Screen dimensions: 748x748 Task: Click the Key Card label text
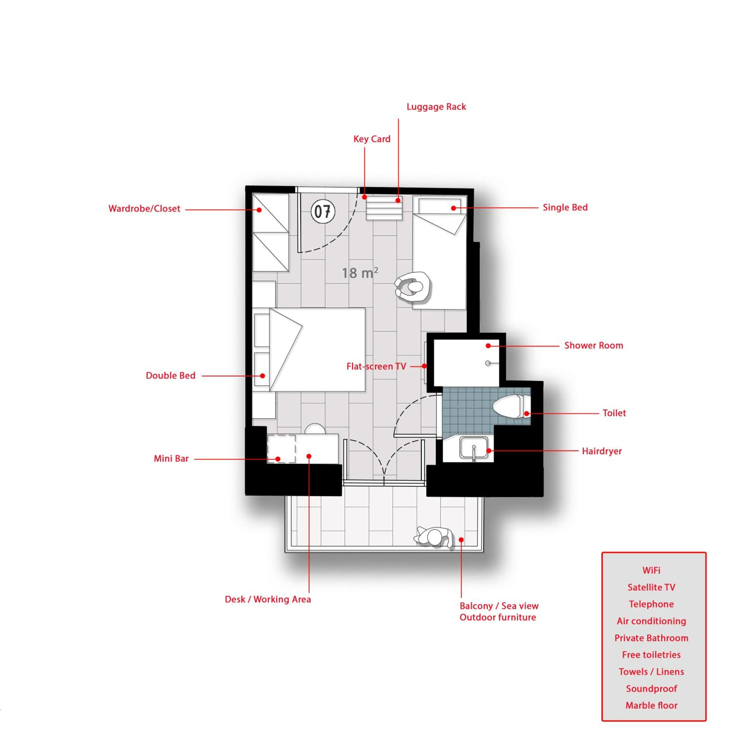pos(372,139)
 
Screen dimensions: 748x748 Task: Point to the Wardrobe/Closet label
pos(144,209)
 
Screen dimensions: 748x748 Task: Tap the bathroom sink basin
pos(474,448)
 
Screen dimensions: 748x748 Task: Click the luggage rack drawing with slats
pos(384,208)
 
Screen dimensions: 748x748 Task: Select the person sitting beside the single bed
pos(413,286)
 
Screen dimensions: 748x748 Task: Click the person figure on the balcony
pos(434,537)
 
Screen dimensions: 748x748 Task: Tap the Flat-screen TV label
pos(376,366)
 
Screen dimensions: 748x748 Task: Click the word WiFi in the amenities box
pos(651,570)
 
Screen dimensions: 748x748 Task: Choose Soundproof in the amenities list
pos(652,689)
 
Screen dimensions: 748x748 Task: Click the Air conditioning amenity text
pos(652,621)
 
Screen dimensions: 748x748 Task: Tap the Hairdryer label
pos(602,451)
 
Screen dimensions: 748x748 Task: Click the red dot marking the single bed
pos(453,208)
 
